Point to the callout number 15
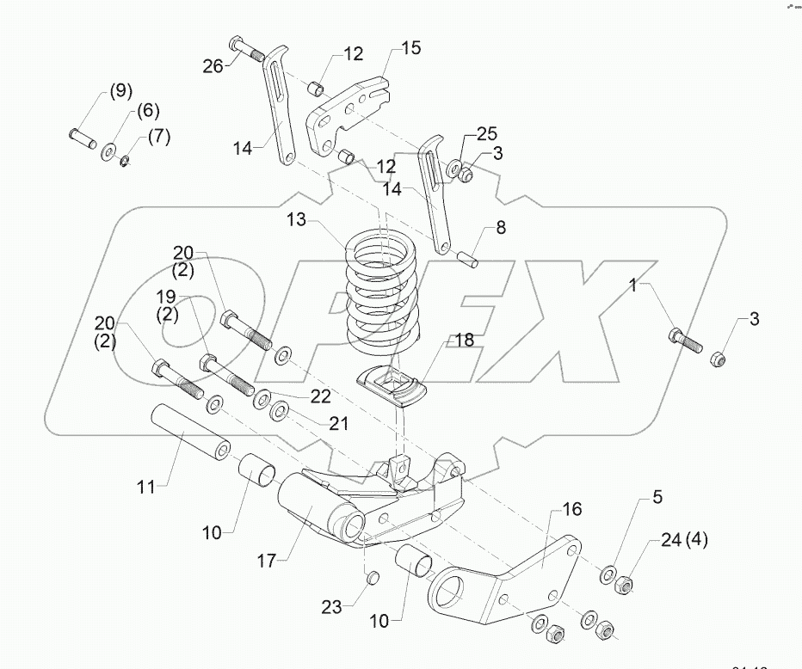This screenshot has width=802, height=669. point(410,48)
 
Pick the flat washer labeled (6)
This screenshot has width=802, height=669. point(110,152)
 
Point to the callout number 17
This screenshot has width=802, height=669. point(266,561)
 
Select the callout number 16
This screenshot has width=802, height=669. point(572,509)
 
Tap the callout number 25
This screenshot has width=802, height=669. point(487,134)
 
